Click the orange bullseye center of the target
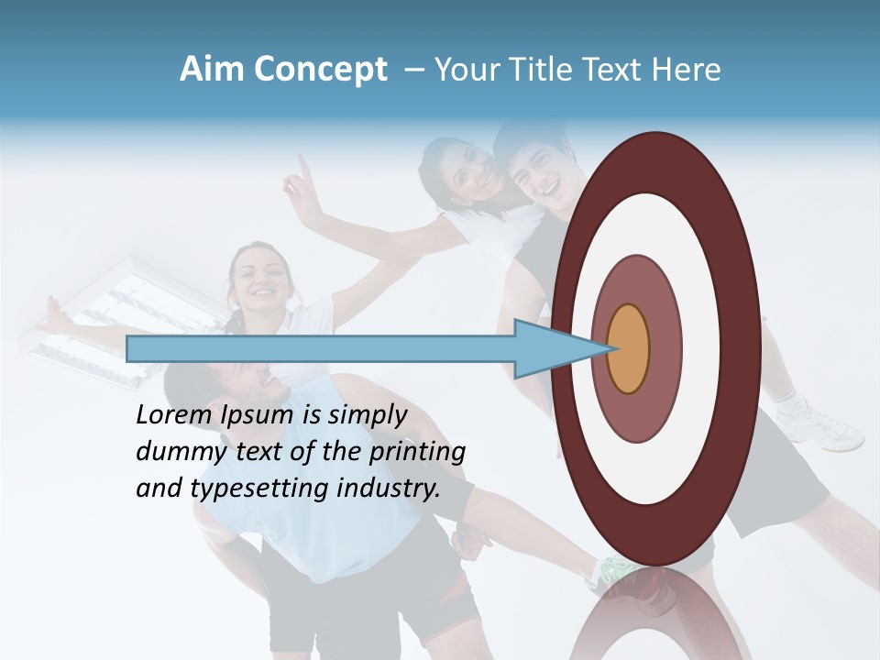tap(628, 349)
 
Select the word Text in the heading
tap(615, 70)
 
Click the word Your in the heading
tap(464, 70)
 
